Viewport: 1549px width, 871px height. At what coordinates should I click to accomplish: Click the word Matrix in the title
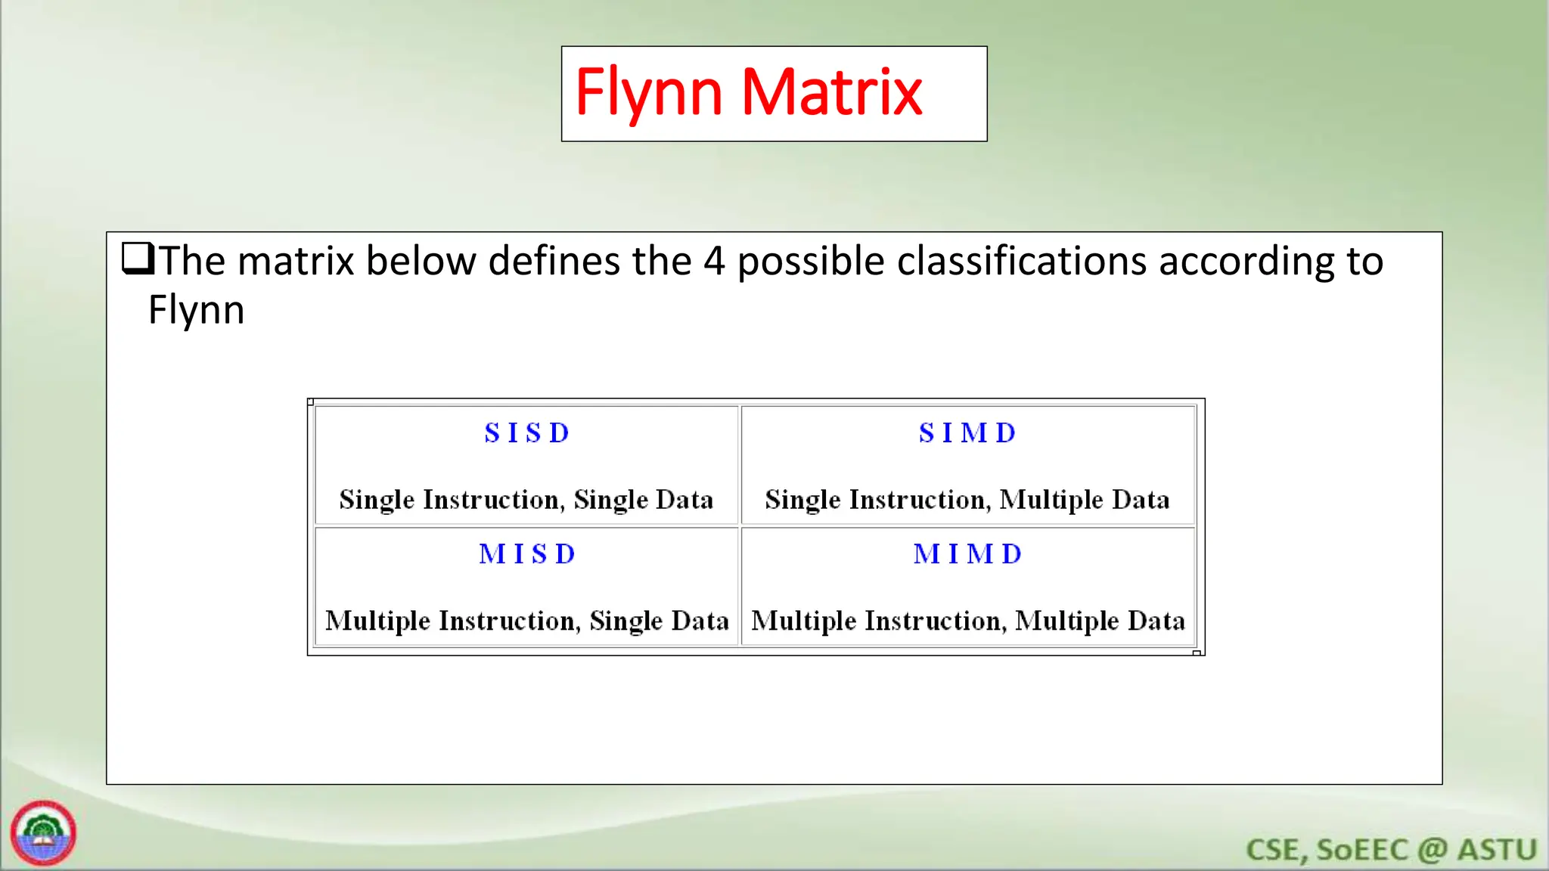click(831, 92)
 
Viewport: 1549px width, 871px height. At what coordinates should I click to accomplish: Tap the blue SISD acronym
click(526, 433)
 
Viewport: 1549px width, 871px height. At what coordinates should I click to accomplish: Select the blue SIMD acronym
click(967, 433)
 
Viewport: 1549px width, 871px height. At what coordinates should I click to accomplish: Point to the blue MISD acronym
click(526, 554)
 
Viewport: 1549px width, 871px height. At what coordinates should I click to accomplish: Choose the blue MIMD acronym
click(967, 554)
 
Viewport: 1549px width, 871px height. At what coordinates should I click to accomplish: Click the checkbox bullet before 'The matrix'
click(138, 259)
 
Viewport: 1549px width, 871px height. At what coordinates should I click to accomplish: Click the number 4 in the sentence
click(714, 262)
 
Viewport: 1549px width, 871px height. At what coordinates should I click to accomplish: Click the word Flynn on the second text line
click(196, 310)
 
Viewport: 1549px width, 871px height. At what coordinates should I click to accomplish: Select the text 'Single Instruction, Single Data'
click(526, 500)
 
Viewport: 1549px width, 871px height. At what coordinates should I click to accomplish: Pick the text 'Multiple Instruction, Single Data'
click(526, 621)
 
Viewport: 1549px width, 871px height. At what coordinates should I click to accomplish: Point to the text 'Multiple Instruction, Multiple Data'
click(967, 621)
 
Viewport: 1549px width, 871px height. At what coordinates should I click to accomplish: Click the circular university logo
click(43, 832)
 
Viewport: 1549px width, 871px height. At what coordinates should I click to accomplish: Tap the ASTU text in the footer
click(1497, 850)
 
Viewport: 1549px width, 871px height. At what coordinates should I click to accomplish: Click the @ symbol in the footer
click(1433, 850)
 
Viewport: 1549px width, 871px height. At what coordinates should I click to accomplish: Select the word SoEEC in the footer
click(1362, 850)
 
